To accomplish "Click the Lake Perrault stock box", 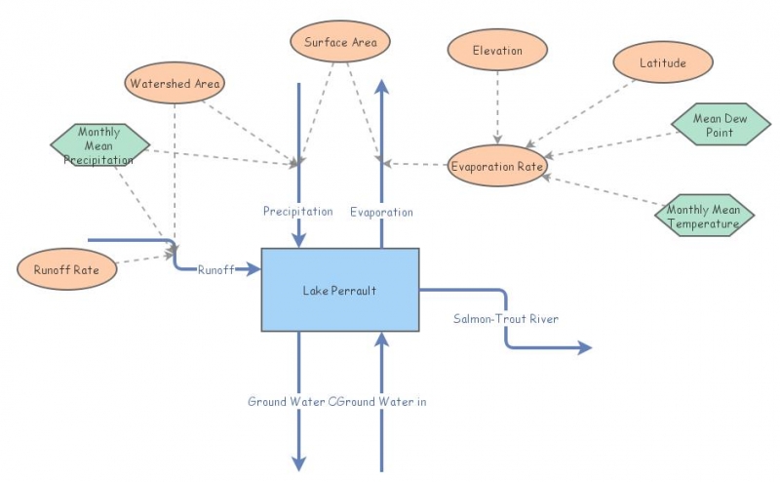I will click(x=339, y=290).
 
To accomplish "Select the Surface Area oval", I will click(x=340, y=42).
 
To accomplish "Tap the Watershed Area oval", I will click(x=175, y=84).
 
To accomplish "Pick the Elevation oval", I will click(x=497, y=51).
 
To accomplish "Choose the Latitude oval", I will click(x=663, y=63).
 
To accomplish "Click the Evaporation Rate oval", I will click(x=497, y=167).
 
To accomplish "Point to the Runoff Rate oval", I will click(x=67, y=268).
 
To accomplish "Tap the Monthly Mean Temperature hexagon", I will click(x=703, y=216).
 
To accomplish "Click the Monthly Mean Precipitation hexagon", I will click(x=99, y=145).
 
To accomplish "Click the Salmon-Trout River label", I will click(x=506, y=319).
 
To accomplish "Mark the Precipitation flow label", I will click(x=297, y=212).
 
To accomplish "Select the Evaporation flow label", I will click(x=381, y=212).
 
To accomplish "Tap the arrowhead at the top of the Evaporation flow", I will click(x=381, y=89).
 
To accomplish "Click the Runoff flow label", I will click(x=215, y=269).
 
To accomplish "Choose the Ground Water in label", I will click(x=384, y=401).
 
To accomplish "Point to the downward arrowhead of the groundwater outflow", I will click(x=298, y=463).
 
